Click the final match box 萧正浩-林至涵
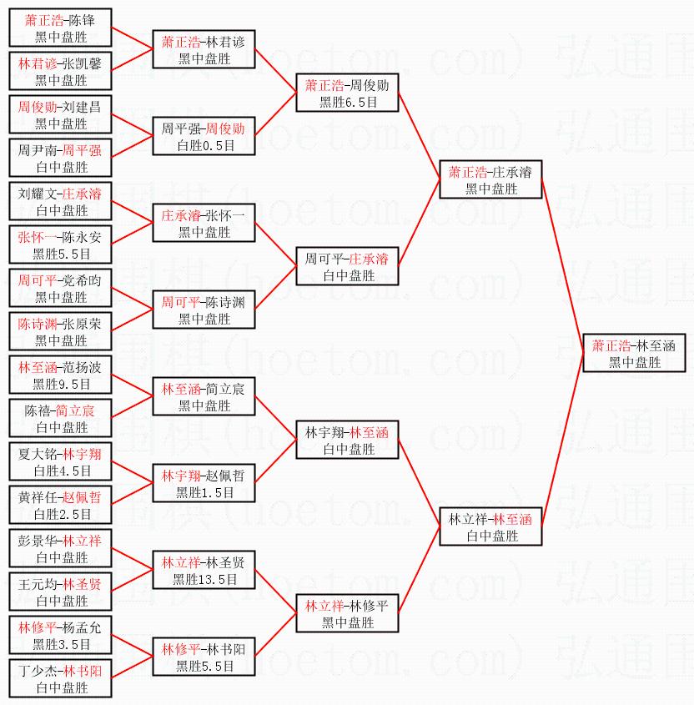(x=635, y=354)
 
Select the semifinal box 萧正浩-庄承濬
(x=491, y=180)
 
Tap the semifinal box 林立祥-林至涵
(x=491, y=527)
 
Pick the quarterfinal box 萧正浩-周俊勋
(x=348, y=93)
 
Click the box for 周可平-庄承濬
(x=348, y=267)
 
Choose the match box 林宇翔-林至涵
(x=348, y=441)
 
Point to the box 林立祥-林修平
(x=348, y=614)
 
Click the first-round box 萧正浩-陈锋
(x=60, y=28)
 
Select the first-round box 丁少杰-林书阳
(x=60, y=679)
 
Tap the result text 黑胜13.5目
(x=204, y=579)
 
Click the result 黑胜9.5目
(x=60, y=384)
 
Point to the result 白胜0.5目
(x=204, y=145)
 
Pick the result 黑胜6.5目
(x=348, y=102)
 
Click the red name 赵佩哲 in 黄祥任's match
(x=82, y=497)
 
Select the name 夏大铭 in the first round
(x=38, y=454)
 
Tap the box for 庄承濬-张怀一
(x=204, y=224)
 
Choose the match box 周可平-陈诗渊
(x=204, y=310)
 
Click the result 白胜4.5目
(x=60, y=471)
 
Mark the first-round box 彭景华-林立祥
(x=60, y=549)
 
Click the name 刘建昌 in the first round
(x=82, y=107)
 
